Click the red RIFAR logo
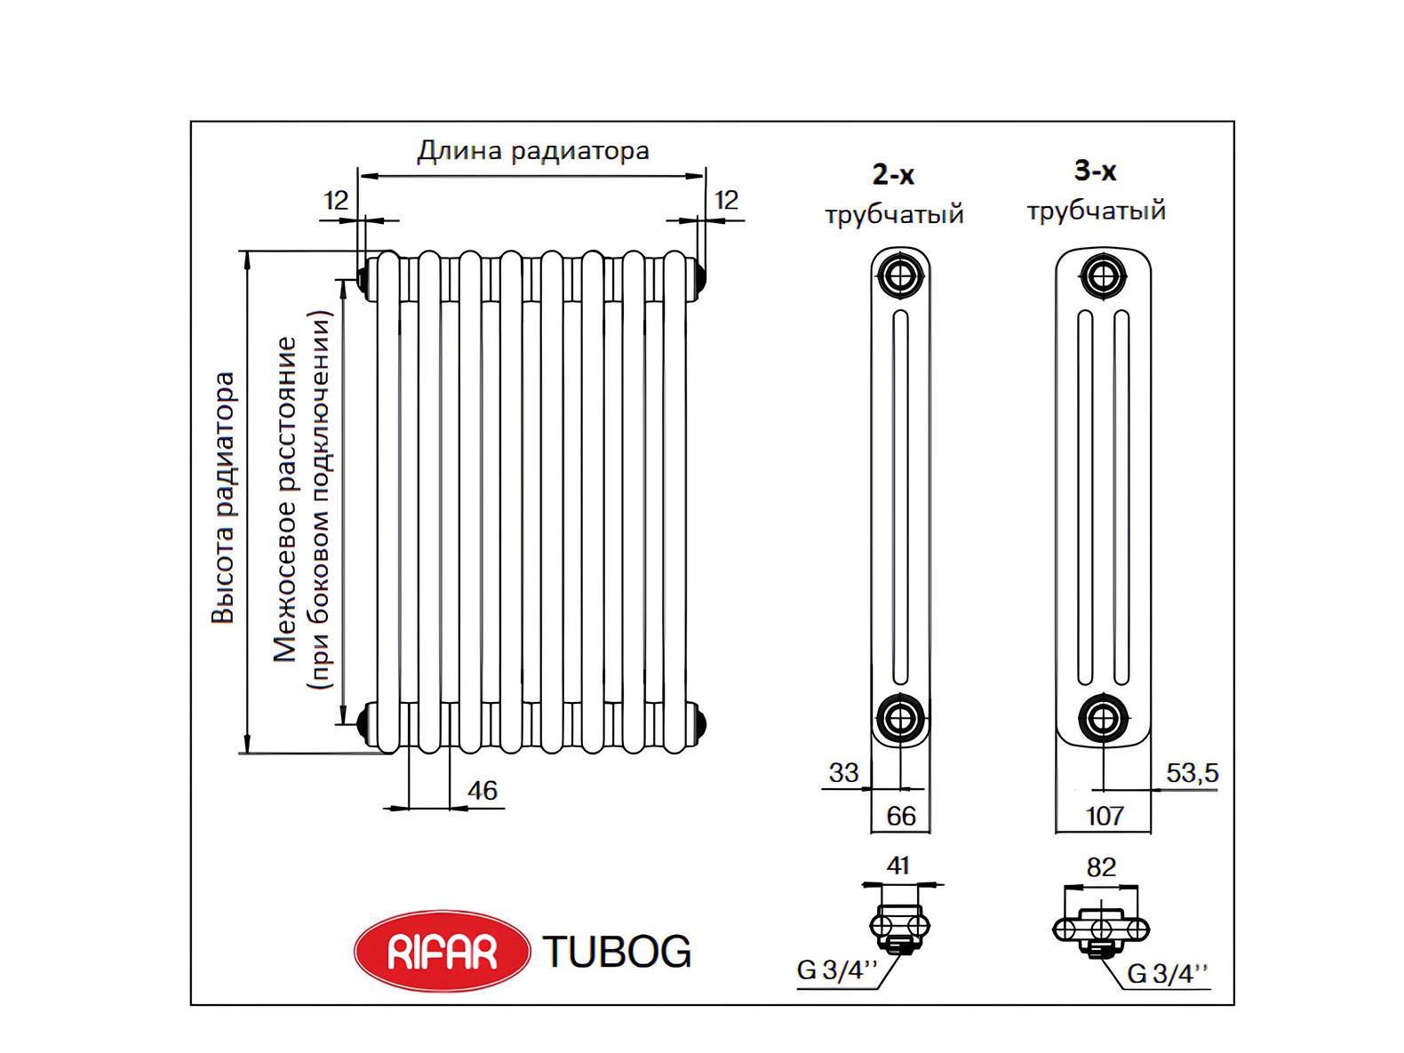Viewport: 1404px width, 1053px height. point(442,952)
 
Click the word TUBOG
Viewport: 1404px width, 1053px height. point(618,952)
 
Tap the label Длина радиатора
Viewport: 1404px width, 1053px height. point(533,151)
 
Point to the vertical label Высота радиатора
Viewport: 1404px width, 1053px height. point(223,497)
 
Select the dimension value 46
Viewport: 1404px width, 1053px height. point(483,791)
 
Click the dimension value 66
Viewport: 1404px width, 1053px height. point(901,817)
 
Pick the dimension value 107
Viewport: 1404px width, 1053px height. point(1105,817)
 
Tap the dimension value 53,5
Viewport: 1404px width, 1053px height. point(1193,774)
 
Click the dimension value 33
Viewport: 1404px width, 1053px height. point(843,774)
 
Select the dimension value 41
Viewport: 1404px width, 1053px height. point(898,866)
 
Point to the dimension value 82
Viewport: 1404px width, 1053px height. point(1102,867)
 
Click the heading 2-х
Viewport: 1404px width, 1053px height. point(894,174)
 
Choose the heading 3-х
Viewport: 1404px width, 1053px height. point(1096,171)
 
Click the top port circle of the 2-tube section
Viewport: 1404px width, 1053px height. point(901,276)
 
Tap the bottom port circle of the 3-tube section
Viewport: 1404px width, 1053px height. point(1103,718)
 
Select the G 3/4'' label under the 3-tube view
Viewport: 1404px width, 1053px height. point(1168,974)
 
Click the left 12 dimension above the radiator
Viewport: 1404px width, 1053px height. point(337,201)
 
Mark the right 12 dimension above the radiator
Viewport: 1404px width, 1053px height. point(727,201)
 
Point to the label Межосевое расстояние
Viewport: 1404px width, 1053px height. point(285,499)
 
